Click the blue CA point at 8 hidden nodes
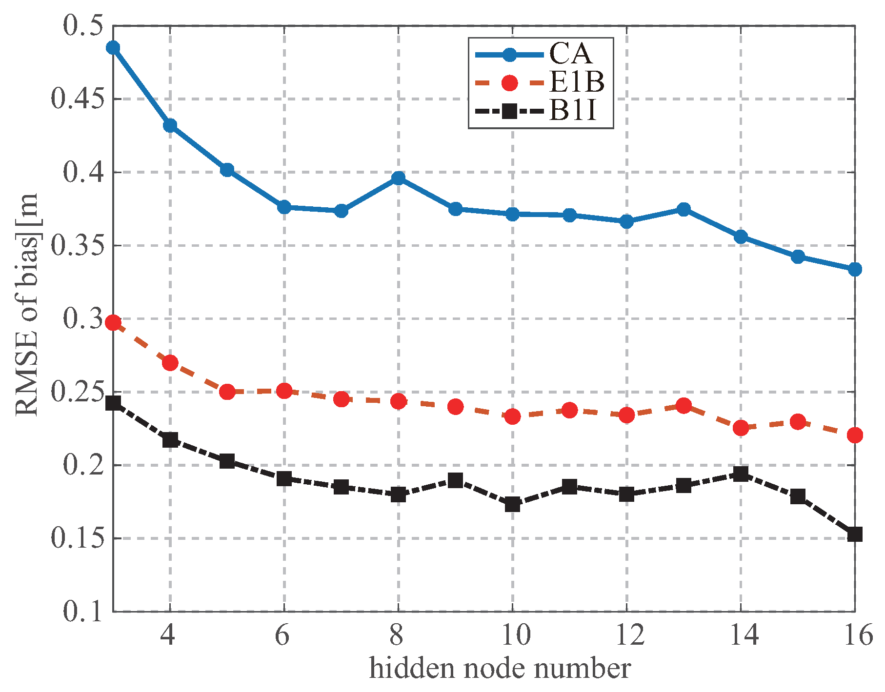click(x=398, y=178)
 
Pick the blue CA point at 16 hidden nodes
click(x=854, y=269)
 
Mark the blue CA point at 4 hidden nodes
click(x=170, y=125)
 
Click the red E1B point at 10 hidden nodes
click(x=512, y=416)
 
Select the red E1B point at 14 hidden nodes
click(x=741, y=428)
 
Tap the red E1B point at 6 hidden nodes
click(x=284, y=391)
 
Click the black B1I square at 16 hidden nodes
click(x=854, y=534)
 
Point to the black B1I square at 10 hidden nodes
click(x=512, y=504)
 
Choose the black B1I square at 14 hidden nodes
click(x=741, y=474)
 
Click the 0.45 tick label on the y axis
click(x=78, y=99)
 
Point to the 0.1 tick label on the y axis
click(x=83, y=612)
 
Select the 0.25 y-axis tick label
click(x=78, y=392)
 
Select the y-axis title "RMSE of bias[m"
click(x=27, y=305)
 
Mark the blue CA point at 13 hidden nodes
click(x=684, y=209)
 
